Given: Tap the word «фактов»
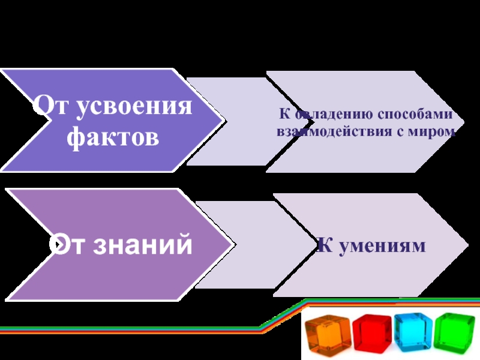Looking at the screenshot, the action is click(113, 137).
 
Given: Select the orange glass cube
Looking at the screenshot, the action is click(326, 335).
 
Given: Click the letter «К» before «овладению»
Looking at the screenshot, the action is click(281, 114).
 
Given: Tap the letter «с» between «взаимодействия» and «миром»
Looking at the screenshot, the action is click(403, 130).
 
